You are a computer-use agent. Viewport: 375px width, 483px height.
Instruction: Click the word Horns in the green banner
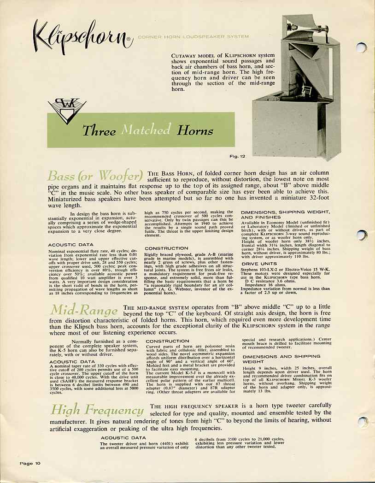pyautogui.click(x=196, y=131)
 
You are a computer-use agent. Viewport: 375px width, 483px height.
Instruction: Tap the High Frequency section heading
pyautogui.click(x=98, y=410)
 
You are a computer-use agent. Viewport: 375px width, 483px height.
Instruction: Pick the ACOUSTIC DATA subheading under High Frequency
pyautogui.click(x=123, y=437)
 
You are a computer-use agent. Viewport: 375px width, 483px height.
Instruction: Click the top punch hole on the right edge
pyautogui.click(x=363, y=47)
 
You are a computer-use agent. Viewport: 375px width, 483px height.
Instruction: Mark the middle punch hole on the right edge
pyautogui.click(x=363, y=235)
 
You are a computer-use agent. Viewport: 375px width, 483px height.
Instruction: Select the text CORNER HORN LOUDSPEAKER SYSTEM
pyautogui.click(x=193, y=36)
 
